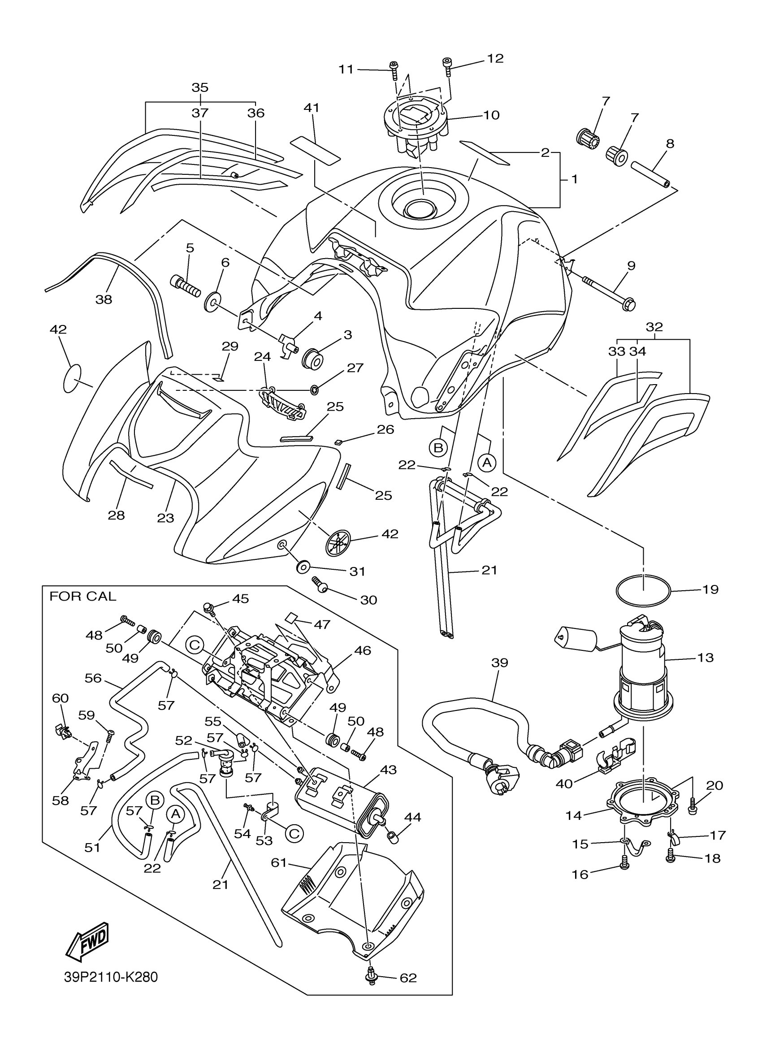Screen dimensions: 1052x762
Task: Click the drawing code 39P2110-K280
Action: point(111,977)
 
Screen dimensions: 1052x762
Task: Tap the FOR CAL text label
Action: point(82,597)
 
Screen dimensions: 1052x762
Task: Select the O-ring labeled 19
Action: point(643,590)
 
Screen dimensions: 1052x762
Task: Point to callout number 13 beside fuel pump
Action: point(706,657)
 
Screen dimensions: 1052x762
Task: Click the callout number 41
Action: point(312,108)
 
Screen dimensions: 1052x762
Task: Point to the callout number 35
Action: point(200,87)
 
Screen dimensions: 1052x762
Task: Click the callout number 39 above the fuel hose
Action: point(499,663)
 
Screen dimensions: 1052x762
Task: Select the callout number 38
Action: point(104,299)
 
